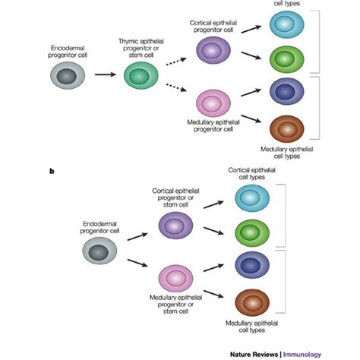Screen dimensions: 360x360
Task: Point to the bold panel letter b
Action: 52,172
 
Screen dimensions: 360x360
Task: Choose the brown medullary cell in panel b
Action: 251,299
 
